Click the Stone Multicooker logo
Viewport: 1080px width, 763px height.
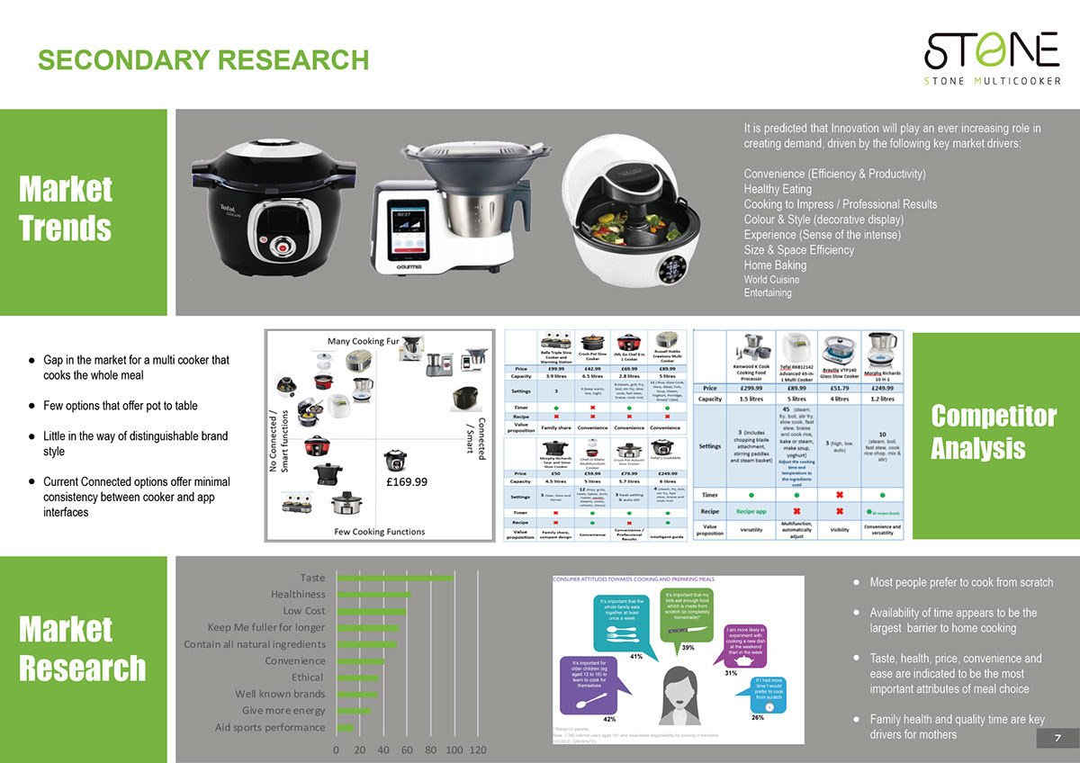coord(992,57)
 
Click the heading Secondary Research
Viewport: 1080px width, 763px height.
coord(203,60)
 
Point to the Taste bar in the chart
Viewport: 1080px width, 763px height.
coord(393,578)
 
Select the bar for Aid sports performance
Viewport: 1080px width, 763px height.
coord(345,727)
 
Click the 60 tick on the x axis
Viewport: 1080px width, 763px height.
coord(407,750)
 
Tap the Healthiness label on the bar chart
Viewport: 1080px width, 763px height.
coord(298,594)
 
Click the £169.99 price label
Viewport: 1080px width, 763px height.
coord(407,482)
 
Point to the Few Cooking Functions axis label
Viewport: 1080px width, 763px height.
coord(380,531)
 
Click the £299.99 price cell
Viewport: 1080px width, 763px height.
coord(752,388)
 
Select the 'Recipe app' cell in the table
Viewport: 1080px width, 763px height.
coord(751,510)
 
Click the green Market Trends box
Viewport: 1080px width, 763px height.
coord(83,212)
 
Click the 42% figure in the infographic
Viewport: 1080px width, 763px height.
coord(609,720)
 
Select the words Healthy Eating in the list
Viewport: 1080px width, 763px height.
coord(778,189)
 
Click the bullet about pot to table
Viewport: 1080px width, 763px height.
coord(120,406)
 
